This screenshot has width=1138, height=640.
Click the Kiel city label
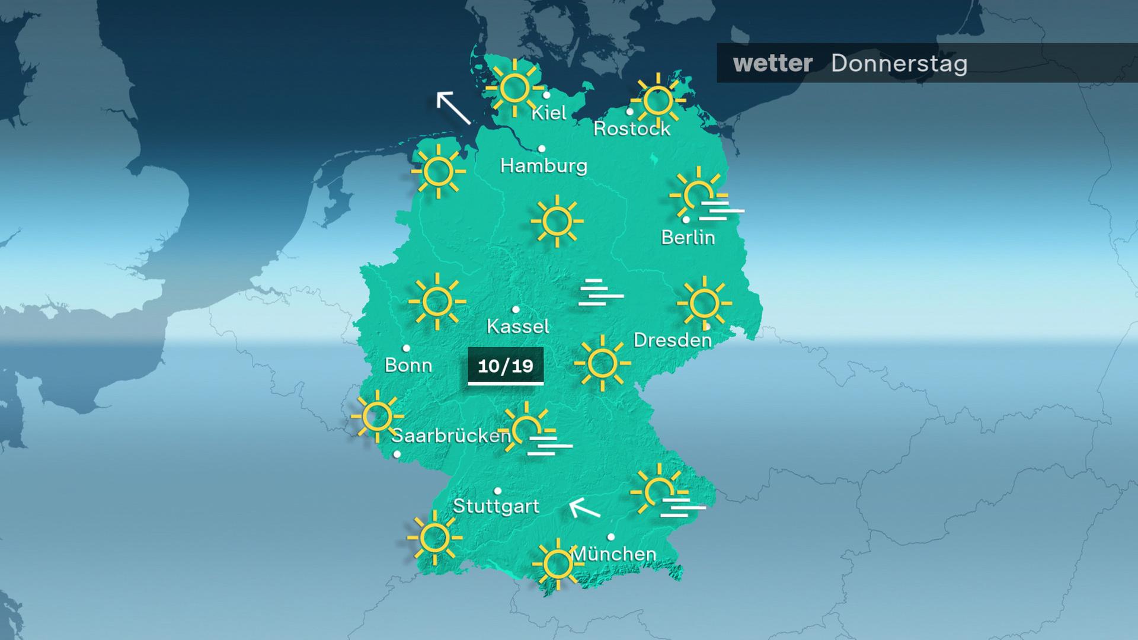pos(548,113)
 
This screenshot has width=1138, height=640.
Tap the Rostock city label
pos(632,129)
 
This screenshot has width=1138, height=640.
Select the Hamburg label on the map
pos(544,165)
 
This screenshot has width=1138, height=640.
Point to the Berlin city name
pos(688,238)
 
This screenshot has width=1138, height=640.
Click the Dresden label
pos(672,340)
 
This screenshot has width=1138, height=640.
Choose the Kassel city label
pos(517,326)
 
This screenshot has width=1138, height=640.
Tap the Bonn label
pos(408,365)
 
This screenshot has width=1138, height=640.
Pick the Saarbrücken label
pos(450,436)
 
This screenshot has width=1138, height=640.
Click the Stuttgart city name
pos(496,507)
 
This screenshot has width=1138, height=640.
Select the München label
pos(613,554)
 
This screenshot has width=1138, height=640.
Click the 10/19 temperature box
pos(506,366)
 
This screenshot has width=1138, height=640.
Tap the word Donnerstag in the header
pos(899,63)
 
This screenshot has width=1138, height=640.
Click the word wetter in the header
pos(772,63)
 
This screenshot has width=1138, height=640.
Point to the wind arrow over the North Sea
pos(453,108)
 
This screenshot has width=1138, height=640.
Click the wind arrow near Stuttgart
pos(584,508)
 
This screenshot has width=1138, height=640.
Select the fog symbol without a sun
pos(600,292)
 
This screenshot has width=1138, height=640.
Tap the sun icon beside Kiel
pos(513,88)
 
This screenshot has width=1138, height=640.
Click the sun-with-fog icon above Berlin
pos(702,195)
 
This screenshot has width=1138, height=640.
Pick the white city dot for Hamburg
pos(541,149)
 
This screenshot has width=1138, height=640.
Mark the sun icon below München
pos(557,564)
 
